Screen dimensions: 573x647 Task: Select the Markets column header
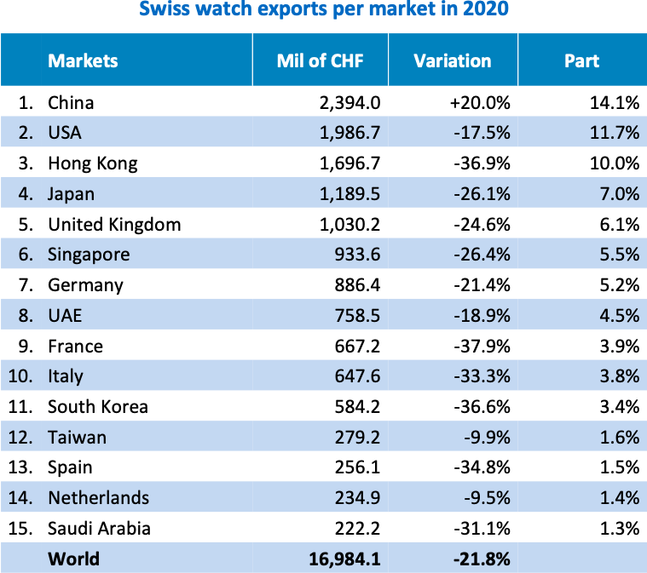[83, 60]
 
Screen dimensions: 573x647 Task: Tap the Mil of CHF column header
[320, 60]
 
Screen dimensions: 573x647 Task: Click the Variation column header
[453, 60]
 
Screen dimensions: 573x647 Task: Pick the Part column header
[581, 60]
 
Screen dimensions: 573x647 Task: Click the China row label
[71, 103]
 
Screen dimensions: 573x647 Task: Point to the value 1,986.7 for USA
[345, 133]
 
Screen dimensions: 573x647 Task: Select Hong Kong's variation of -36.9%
[482, 163]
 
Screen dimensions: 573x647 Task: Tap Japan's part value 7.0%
[619, 194]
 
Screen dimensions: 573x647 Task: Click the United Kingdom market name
[114, 225]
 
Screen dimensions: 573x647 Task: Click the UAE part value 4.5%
[619, 316]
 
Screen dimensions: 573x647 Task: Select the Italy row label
[66, 376]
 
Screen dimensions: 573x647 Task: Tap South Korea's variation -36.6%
[482, 407]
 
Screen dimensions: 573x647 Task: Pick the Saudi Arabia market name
[99, 528]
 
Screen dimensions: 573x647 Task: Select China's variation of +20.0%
[480, 103]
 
